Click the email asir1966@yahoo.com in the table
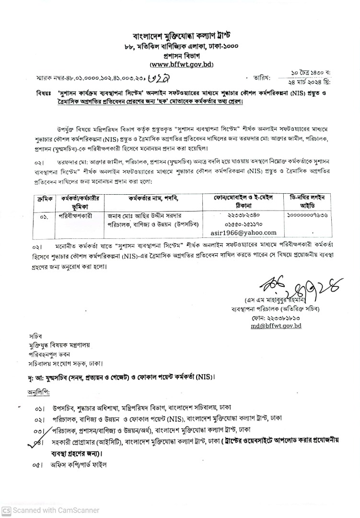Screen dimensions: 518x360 coord(244,233)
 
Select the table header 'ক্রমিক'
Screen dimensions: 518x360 coord(42,198)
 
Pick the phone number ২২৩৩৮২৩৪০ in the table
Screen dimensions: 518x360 coord(244,215)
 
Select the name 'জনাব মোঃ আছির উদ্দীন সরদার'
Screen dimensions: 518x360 coord(145,216)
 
